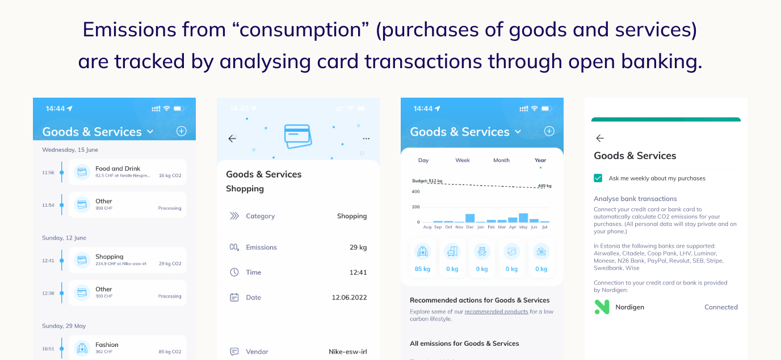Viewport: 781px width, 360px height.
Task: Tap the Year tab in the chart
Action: (540, 160)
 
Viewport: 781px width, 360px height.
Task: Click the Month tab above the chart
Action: (501, 160)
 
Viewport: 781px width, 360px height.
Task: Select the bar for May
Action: (523, 217)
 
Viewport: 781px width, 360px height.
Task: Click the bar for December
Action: (470, 218)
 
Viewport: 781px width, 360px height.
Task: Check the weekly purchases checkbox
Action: (598, 178)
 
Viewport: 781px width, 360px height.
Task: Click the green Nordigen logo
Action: (602, 307)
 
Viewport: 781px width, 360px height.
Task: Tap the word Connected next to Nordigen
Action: (721, 307)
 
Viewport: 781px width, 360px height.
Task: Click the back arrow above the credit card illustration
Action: (232, 138)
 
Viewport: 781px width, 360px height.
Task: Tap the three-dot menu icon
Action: (366, 139)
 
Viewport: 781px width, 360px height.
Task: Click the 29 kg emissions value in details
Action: (358, 248)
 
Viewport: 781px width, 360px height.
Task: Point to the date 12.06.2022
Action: (349, 298)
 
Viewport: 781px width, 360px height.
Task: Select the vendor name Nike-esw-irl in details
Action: (347, 352)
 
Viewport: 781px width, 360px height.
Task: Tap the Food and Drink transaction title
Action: (117, 169)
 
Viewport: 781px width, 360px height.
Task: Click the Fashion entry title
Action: (107, 345)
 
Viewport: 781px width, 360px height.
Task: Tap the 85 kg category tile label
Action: (422, 269)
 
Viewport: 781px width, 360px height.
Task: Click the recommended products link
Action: (496, 312)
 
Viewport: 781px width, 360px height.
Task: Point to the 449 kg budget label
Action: (544, 186)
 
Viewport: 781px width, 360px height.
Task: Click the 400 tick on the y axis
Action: (415, 191)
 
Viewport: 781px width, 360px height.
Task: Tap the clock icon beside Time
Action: (234, 273)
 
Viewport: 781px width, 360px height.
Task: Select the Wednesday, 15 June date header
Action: (70, 150)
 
